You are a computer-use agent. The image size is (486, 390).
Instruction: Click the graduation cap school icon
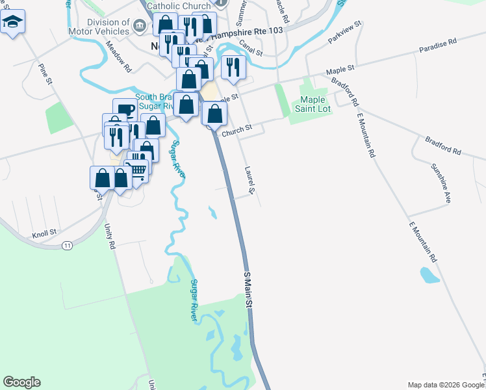pyautogui.click(x=12, y=23)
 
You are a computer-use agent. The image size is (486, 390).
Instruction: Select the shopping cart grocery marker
pyautogui.click(x=138, y=170)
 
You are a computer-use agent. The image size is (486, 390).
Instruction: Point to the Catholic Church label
pyautogui.click(x=179, y=6)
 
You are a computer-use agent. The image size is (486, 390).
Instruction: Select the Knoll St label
pyautogui.click(x=44, y=232)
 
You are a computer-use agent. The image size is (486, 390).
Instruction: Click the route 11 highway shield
pyautogui.click(x=67, y=246)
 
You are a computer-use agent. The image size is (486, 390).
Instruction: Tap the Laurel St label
pyautogui.click(x=249, y=180)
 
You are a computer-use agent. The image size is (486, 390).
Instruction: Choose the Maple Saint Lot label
pyautogui.click(x=316, y=104)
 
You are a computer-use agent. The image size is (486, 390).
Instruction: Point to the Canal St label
pyautogui.click(x=250, y=47)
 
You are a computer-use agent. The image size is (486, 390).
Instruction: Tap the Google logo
pyautogui.click(x=21, y=382)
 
